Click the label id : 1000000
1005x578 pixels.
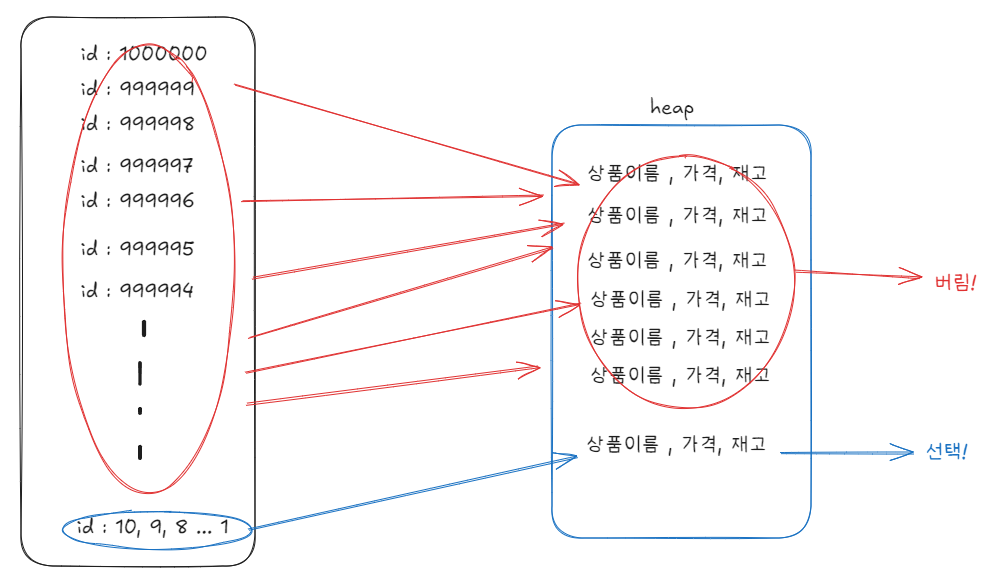coord(143,53)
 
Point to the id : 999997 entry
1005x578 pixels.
coord(137,164)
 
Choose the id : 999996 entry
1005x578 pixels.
coord(137,200)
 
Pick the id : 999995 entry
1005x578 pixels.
coord(137,247)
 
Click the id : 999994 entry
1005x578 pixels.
coord(137,290)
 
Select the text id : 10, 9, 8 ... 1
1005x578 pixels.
coord(158,527)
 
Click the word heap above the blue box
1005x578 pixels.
coord(671,107)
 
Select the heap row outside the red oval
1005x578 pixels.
coord(677,444)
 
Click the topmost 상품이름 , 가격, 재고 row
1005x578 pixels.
coord(677,173)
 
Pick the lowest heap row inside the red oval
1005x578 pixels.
coord(680,375)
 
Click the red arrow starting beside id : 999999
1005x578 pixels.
coord(400,134)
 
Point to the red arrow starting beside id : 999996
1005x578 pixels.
coord(390,199)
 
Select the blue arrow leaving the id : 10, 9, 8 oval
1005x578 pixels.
coord(410,493)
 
